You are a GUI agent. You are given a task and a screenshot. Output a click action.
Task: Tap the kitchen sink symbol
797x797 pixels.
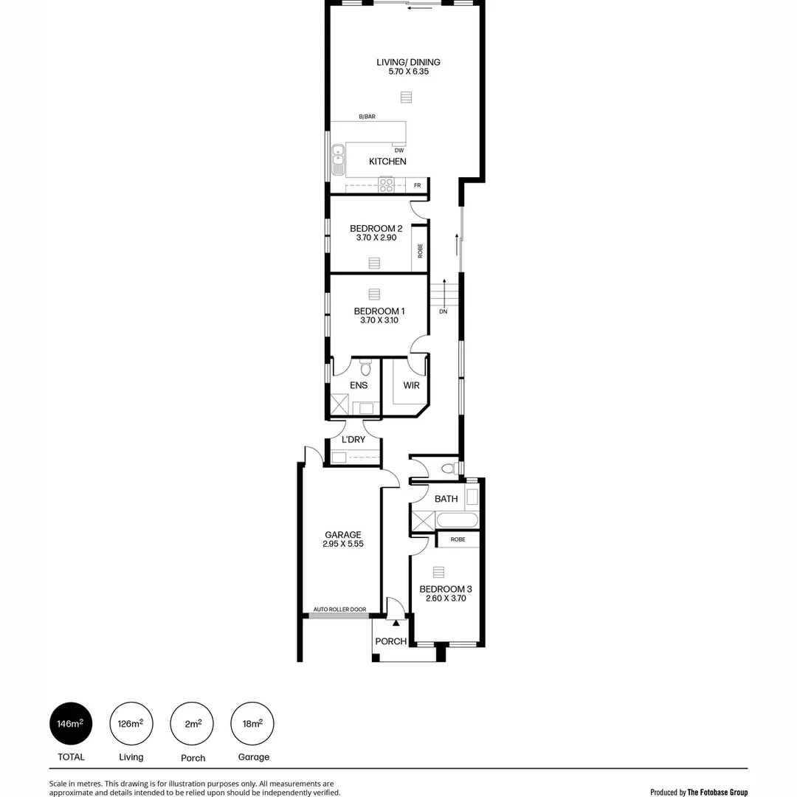coord(337,157)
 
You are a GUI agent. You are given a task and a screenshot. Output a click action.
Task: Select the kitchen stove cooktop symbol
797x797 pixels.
coord(387,184)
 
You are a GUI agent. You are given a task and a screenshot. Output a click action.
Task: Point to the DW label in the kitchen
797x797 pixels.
coord(398,151)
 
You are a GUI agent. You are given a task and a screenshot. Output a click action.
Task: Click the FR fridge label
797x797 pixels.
coord(418,185)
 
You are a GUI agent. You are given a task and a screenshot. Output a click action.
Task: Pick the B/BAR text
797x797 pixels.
coord(367,117)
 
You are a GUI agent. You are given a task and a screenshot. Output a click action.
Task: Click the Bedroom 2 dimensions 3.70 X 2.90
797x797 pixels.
coord(376,239)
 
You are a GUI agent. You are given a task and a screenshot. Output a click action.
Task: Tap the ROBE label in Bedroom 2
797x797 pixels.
coord(420,250)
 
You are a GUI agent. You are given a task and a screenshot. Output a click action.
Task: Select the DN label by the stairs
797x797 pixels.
coord(443,312)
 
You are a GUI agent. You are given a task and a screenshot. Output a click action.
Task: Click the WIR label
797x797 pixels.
coord(411,385)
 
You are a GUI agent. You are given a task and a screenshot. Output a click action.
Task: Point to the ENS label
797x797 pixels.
coord(359,385)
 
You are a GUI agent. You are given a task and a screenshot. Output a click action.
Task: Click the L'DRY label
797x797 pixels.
coord(353,440)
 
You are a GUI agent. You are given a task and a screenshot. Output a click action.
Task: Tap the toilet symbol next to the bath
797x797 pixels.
coord(447,469)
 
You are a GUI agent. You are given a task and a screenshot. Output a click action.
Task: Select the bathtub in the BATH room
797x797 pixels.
coord(457,520)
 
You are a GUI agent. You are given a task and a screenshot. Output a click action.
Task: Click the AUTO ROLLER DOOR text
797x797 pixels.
coord(339,610)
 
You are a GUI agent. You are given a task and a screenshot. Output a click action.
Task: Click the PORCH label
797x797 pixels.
coord(390,641)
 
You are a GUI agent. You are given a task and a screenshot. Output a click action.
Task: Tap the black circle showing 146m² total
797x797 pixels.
coord(71,724)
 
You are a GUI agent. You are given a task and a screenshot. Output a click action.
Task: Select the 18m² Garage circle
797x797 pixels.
coord(253,724)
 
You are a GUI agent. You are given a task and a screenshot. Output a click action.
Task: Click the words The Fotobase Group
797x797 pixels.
coord(717,792)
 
